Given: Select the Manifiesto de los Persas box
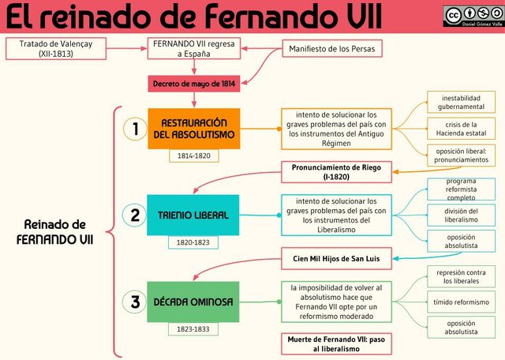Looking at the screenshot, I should (332, 48).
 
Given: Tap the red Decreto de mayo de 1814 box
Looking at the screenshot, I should (193, 83).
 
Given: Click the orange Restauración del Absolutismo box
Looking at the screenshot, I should (193, 128).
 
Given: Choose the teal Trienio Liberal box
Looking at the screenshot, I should (193, 215).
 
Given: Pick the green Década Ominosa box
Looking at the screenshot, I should (193, 302).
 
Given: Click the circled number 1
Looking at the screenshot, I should (136, 129).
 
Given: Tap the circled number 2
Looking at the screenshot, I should (136, 215).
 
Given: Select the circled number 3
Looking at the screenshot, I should (136, 302).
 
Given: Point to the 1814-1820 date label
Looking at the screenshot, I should (193, 156).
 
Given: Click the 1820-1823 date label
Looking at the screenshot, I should (193, 242).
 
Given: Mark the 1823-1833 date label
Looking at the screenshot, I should (193, 328).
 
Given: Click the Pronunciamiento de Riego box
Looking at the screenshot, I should (337, 172).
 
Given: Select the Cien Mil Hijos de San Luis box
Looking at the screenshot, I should (337, 257).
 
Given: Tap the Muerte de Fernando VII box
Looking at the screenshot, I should (337, 343).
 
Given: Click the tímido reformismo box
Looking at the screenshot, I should (461, 302).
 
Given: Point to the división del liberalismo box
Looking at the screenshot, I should (461, 215).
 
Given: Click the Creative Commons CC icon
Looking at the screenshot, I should (454, 15).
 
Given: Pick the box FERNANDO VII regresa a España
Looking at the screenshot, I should (193, 48).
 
